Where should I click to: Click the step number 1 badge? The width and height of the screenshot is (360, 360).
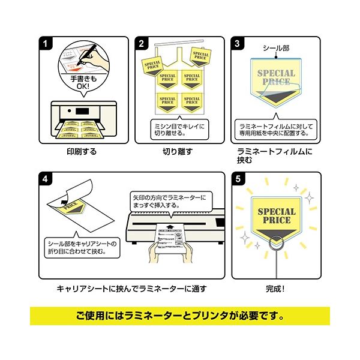pyautogui.click(x=46, y=43)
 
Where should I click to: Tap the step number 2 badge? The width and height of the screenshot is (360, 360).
pyautogui.click(x=142, y=43)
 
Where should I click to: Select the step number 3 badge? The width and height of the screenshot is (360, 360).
pyautogui.click(x=239, y=43)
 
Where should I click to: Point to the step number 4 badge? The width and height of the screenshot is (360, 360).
pyautogui.click(x=46, y=178)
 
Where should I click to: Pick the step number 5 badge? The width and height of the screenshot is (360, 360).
pyautogui.click(x=239, y=178)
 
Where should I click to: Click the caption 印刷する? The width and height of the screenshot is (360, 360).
pyautogui.click(x=82, y=152)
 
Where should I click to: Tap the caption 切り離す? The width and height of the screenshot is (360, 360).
pyautogui.click(x=178, y=152)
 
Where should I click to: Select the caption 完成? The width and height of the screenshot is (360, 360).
pyautogui.click(x=274, y=287)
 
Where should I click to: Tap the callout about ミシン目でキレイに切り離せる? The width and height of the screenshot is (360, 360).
pyautogui.click(x=178, y=130)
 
